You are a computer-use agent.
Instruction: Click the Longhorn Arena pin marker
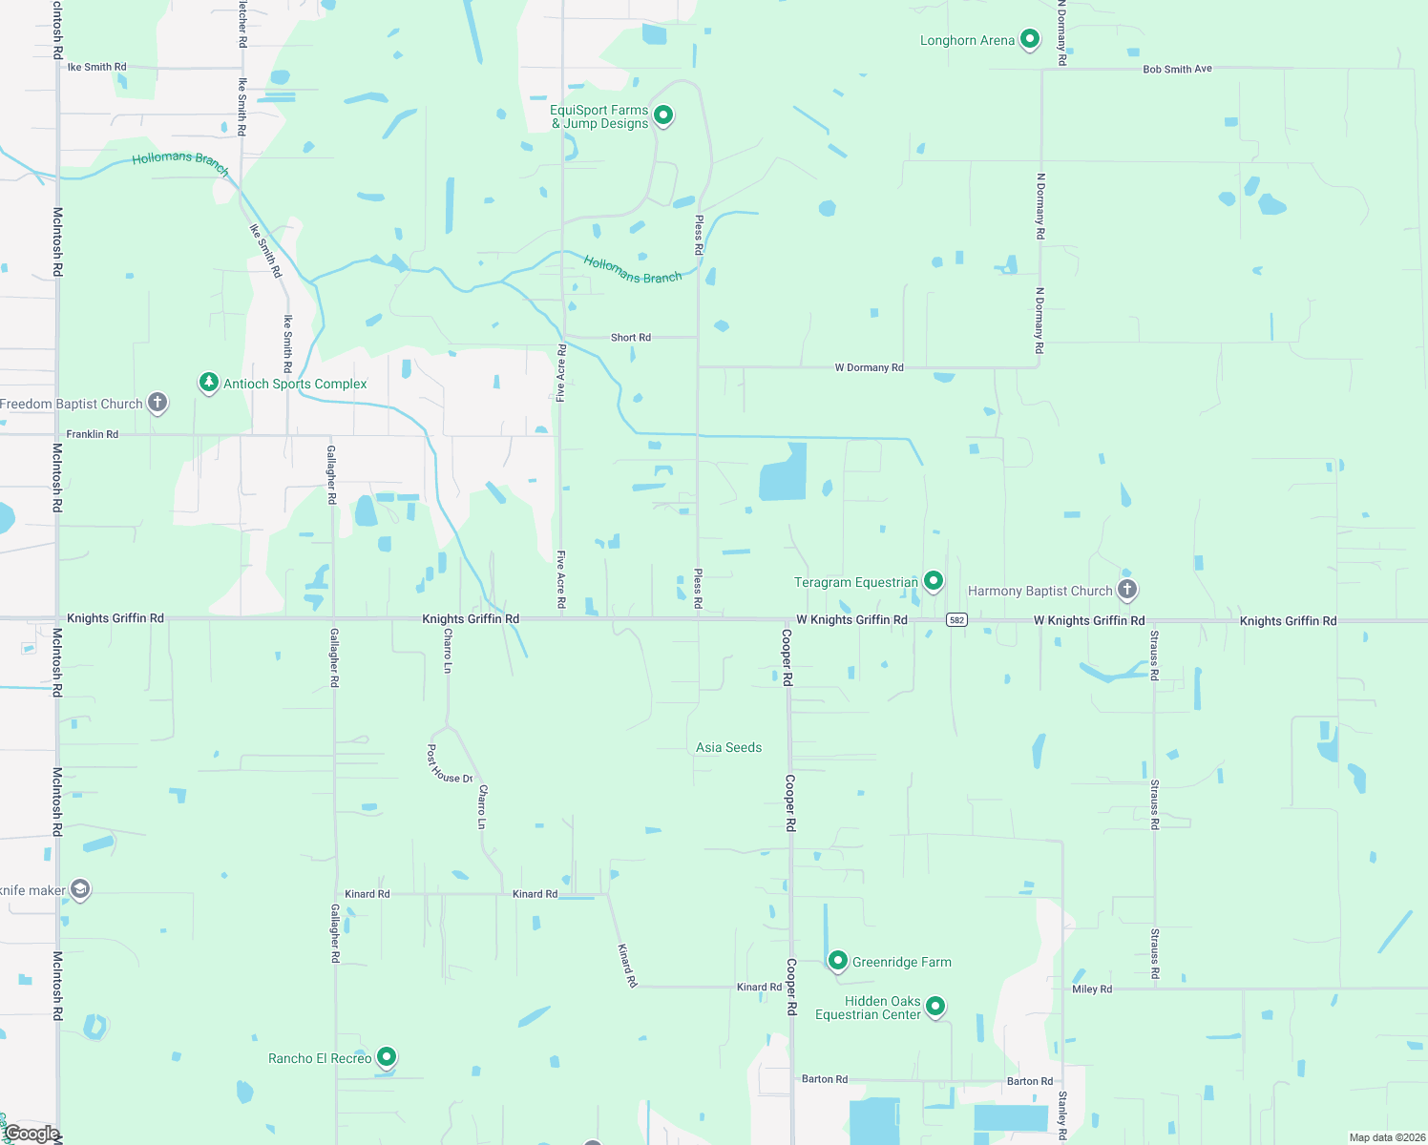coord(1029,39)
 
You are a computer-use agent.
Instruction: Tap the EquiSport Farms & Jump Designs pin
coord(663,115)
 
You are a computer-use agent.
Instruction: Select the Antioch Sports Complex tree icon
coord(209,383)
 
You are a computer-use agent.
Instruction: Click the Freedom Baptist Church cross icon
coord(157,403)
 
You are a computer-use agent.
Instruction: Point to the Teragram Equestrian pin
coord(934,580)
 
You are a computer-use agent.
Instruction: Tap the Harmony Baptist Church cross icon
coord(1126,589)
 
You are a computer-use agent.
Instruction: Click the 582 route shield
coord(956,620)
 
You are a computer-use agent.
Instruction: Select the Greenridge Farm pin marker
coord(837,960)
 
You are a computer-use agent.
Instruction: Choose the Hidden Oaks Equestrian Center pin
coord(935,1006)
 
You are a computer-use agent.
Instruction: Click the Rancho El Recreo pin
coord(387,1056)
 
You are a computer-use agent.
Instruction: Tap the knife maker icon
coord(80,890)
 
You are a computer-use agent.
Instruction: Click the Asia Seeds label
coord(728,748)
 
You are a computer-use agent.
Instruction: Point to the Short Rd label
coord(630,338)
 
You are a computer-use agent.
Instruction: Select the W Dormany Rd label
coord(869,367)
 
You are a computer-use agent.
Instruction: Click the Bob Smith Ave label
coord(1177,70)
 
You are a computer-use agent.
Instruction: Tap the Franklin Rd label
coord(93,434)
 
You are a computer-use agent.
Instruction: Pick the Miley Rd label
coord(1091,989)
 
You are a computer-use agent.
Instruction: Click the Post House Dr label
coord(450,764)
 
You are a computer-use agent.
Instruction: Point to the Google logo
coord(31,1134)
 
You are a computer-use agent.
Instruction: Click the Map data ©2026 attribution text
coord(1386,1137)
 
